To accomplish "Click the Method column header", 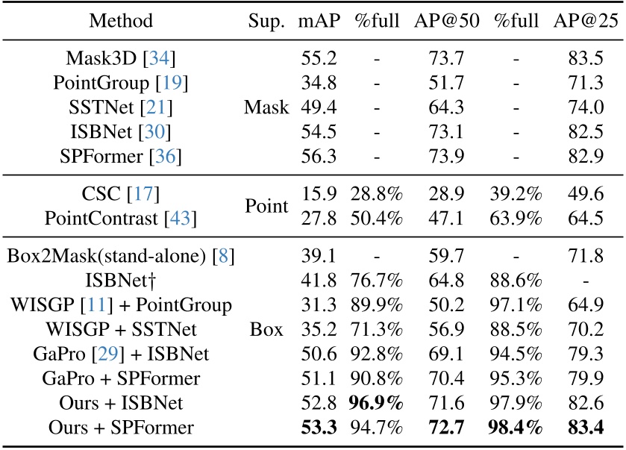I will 121,20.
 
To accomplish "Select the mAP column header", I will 320,20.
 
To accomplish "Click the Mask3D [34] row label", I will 121,58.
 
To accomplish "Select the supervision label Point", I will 266,207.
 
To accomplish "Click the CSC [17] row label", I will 121,194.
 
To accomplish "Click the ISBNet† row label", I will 121,280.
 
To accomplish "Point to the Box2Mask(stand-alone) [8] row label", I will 121,254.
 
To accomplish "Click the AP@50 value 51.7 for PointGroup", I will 443,84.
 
